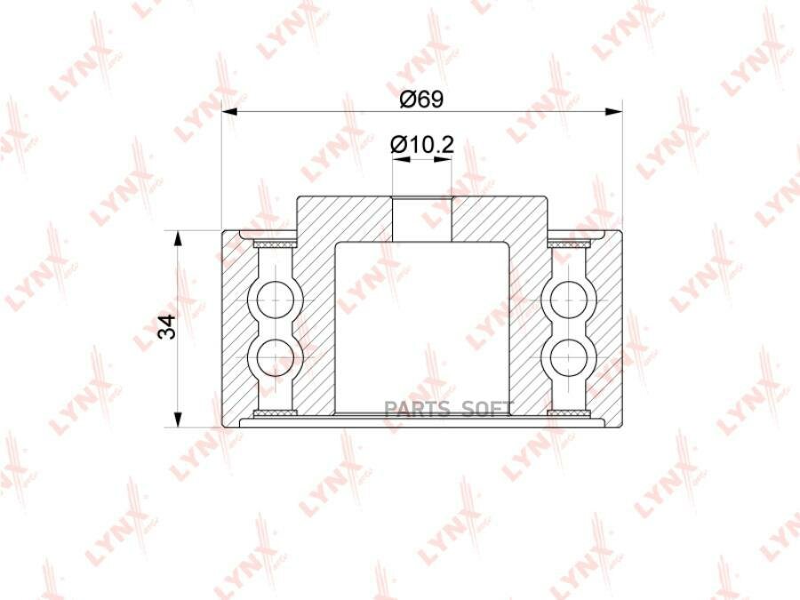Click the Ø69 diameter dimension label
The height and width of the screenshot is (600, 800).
pyautogui.click(x=421, y=99)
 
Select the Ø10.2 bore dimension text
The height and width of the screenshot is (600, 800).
pyautogui.click(x=421, y=145)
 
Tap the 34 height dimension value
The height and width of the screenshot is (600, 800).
pyautogui.click(x=167, y=327)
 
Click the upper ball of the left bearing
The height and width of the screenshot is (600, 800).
pyautogui.click(x=275, y=299)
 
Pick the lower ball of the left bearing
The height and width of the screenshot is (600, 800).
pyautogui.click(x=275, y=357)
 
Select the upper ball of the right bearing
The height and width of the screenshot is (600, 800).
pyautogui.click(x=569, y=299)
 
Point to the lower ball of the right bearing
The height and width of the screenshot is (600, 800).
pyautogui.click(x=569, y=357)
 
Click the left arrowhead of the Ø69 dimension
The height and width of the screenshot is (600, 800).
pyautogui.click(x=230, y=112)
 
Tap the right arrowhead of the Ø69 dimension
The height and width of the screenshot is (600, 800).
pyautogui.click(x=613, y=112)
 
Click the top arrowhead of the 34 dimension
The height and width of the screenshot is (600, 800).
pyautogui.click(x=177, y=239)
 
